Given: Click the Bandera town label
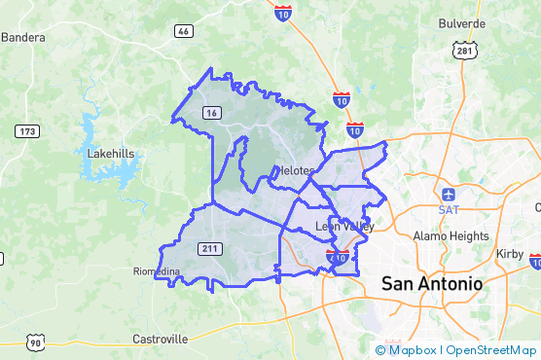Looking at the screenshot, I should pos(23,38).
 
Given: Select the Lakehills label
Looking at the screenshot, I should pos(111,153).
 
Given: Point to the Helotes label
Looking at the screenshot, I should pos(294,170).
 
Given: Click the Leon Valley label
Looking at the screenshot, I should pos(345,227).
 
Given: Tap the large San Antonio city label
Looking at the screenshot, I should pos(431,283).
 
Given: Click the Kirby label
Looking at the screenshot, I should pos(510,252).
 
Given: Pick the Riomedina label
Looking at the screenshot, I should pos(156,271).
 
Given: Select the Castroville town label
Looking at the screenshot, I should pos(160,339).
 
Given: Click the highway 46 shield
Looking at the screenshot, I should pos(183,31).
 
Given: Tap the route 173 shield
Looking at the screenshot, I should pos(26,130).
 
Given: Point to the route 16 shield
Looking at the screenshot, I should pos(212,113).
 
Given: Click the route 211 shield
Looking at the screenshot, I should pos(209,248).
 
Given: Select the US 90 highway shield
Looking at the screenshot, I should pos(36,342).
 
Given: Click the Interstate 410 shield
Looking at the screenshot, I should pos(338,256).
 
